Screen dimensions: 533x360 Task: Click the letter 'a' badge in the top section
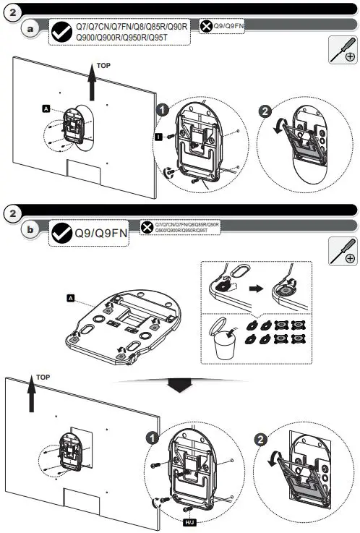30,29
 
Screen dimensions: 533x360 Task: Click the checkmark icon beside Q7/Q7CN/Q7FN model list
61,32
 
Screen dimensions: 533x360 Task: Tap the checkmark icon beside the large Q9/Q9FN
61,234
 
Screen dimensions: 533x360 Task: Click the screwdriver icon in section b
342,250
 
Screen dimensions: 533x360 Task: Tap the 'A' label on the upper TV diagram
46,108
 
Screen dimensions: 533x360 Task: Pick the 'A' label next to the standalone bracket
70,297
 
